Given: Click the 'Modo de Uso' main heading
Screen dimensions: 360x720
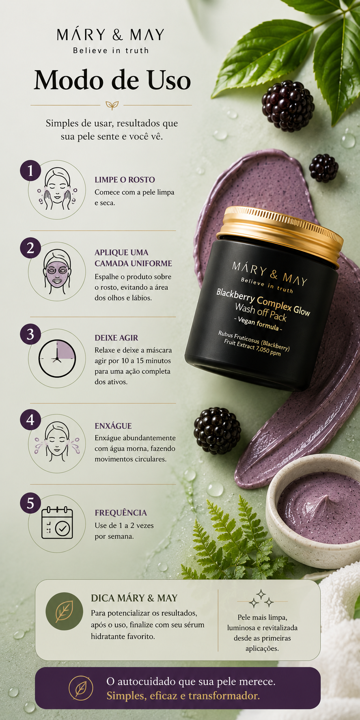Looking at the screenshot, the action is coord(112,80).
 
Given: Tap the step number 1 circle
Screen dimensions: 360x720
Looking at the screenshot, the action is coord(30,170).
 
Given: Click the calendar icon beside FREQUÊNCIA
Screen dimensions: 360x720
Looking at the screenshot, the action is coord(57,523).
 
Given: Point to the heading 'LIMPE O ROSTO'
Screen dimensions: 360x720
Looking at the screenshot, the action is coord(125,180).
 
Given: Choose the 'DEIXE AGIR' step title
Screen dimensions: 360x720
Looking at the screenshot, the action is coord(116,338).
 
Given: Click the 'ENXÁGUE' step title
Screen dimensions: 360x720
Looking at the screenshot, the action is coord(113,426).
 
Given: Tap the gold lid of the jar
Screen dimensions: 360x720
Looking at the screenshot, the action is coord(280,235).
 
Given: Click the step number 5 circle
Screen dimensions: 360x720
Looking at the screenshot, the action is coord(30,503).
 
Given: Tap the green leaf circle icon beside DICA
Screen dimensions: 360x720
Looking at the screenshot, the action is coord(64,611).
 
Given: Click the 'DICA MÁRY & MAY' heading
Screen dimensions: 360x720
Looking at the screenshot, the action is coord(134,598).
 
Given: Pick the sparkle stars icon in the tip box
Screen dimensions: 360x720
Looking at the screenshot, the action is coord(261,599).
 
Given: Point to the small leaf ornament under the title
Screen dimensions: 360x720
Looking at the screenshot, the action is coord(112,105).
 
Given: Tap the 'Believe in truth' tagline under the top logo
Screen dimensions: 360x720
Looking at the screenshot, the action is coord(111,51).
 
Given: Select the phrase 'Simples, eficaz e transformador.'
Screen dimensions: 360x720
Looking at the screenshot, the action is coord(183,696).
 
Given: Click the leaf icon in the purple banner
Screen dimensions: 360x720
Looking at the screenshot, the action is coord(81,688).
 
